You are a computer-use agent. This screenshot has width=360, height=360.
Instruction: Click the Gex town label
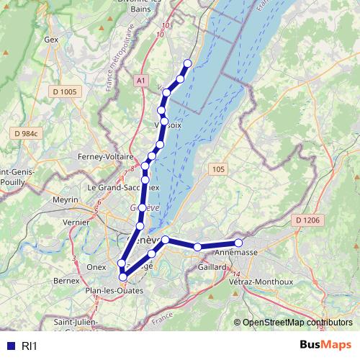coord(50,40)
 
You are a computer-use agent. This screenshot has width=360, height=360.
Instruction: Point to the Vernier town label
coord(76,223)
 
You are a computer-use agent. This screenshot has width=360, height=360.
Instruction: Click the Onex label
coord(96,266)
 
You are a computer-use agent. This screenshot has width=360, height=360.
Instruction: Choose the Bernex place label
coord(66,279)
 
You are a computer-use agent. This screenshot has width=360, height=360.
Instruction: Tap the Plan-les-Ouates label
coord(114,290)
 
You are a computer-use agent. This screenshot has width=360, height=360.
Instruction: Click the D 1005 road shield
coord(64,91)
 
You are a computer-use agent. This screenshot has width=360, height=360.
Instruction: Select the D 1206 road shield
coord(307,220)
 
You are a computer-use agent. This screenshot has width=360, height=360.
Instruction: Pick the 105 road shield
coord(218,168)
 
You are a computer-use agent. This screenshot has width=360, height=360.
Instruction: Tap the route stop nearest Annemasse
coord(238,243)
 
